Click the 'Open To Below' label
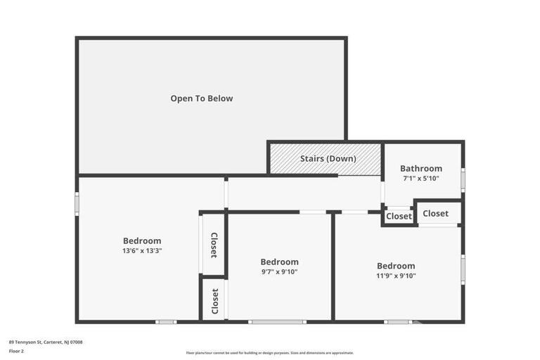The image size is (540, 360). pyautogui.click(x=201, y=98)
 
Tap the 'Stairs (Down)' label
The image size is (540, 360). pyautogui.click(x=328, y=159)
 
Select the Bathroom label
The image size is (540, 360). pyautogui.click(x=421, y=169)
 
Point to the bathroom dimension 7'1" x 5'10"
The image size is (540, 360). pyautogui.click(x=421, y=179)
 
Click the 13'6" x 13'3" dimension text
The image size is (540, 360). pyautogui.click(x=142, y=250)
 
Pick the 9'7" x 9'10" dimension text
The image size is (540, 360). pyautogui.click(x=279, y=271)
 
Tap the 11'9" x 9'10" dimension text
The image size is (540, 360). pyautogui.click(x=396, y=276)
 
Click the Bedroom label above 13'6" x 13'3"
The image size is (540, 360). pyautogui.click(x=142, y=240)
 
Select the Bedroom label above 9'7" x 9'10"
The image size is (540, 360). pyautogui.click(x=279, y=262)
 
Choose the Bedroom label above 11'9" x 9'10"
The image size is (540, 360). pyautogui.click(x=396, y=266)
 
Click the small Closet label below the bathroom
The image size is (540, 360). pyautogui.click(x=399, y=217)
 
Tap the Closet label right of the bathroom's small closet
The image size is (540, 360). pyautogui.click(x=435, y=213)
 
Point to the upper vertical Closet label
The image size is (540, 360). pyautogui.click(x=214, y=245)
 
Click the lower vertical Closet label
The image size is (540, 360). pyautogui.click(x=214, y=301)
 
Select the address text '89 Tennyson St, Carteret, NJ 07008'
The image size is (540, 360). pyautogui.click(x=46, y=342)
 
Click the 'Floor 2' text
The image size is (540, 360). pyautogui.click(x=16, y=351)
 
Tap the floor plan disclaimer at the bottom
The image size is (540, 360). pyautogui.click(x=270, y=353)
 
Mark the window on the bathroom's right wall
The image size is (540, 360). pyautogui.click(x=463, y=179)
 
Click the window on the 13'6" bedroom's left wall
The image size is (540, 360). pyautogui.click(x=77, y=202)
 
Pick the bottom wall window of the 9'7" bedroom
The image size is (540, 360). pyautogui.click(x=277, y=322)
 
